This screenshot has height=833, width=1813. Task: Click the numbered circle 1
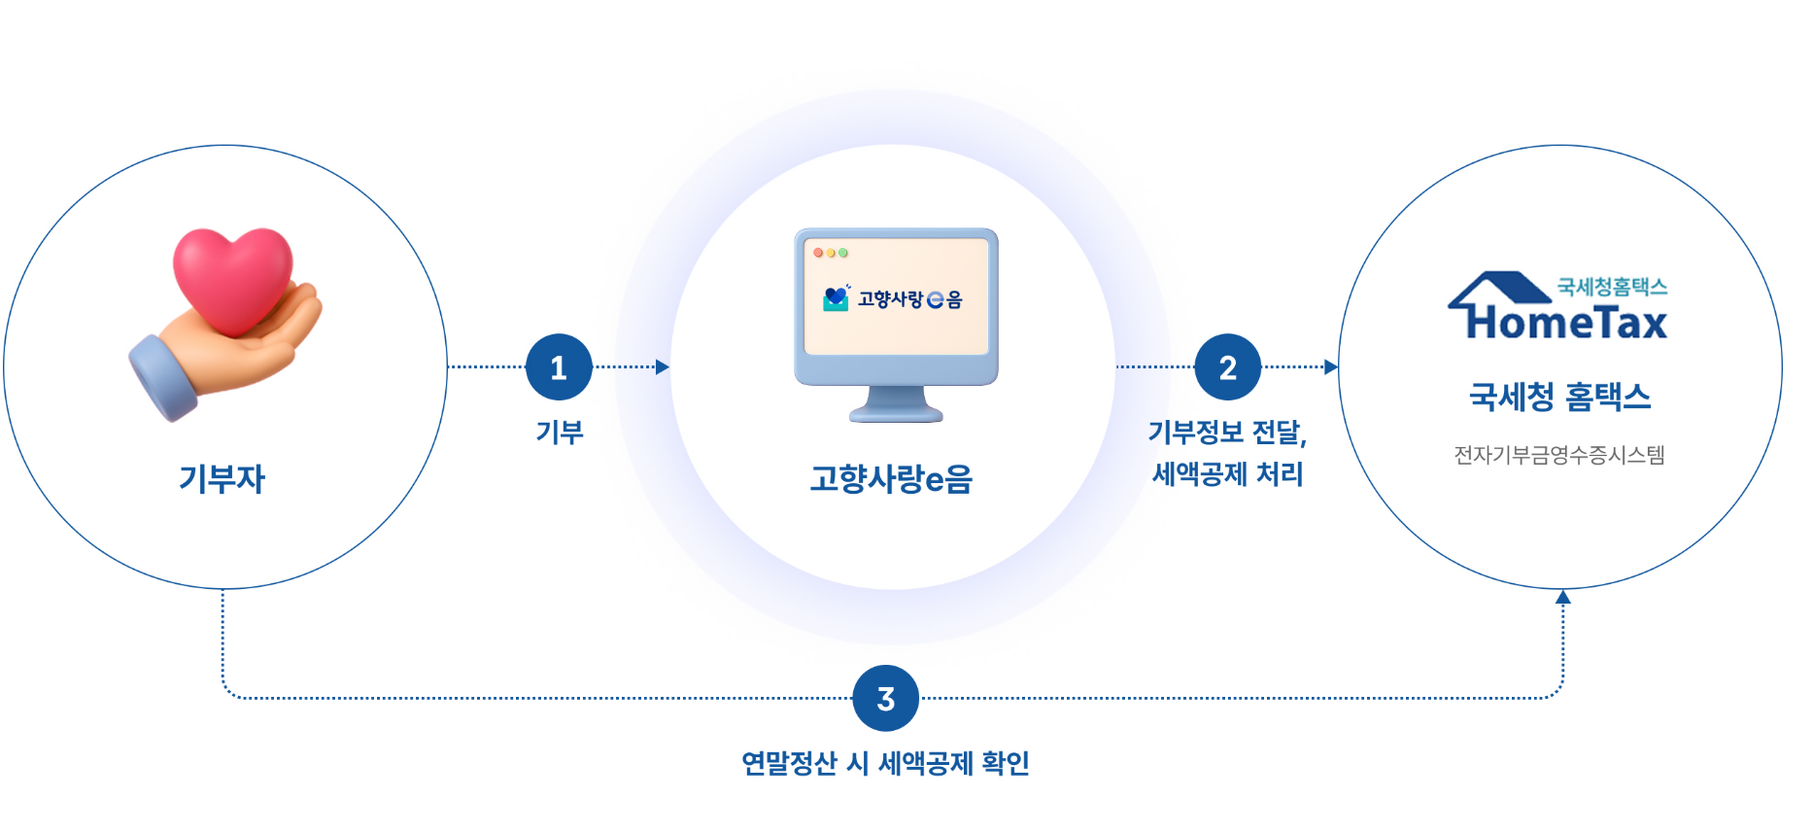(x=559, y=367)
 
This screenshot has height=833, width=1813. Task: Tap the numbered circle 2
(x=1228, y=367)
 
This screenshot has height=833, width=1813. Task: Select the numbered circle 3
(x=885, y=698)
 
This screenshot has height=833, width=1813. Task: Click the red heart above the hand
(x=233, y=276)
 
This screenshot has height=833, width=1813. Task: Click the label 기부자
(x=222, y=479)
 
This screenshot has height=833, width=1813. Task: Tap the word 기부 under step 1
(x=560, y=433)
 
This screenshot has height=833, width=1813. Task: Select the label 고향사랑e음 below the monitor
(x=891, y=479)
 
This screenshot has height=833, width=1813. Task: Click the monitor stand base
(x=896, y=413)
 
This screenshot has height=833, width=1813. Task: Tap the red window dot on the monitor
(x=818, y=253)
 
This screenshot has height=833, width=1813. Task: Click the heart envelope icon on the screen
(x=836, y=298)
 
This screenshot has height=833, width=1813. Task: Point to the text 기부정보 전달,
(x=1227, y=433)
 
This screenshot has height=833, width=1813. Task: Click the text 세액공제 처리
(x=1227, y=474)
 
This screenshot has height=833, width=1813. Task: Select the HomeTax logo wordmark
(x=1567, y=323)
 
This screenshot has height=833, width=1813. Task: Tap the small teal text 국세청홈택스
(x=1612, y=287)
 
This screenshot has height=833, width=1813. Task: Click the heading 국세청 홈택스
(x=1559, y=397)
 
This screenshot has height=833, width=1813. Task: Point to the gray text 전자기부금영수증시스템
(x=1559, y=455)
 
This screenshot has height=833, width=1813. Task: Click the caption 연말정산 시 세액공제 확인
(x=885, y=763)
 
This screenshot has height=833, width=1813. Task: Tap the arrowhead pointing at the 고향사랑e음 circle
(x=663, y=367)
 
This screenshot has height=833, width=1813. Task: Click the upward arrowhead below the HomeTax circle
(x=1563, y=598)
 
